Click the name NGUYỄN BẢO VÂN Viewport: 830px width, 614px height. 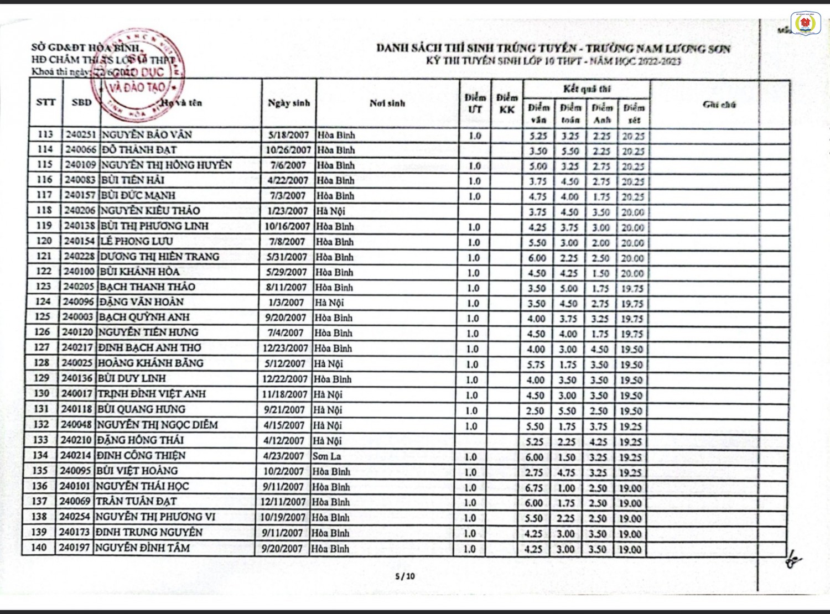coord(146,134)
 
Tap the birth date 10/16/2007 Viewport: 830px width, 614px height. coord(287,226)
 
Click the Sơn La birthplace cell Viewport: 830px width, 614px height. coord(327,456)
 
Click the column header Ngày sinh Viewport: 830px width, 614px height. coord(289,103)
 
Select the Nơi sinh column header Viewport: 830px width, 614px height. coord(387,103)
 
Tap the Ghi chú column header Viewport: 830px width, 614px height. coord(719,105)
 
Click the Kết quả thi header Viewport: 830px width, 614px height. coord(587,89)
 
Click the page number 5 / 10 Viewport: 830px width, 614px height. coord(405,576)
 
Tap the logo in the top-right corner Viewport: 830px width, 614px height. coord(807,23)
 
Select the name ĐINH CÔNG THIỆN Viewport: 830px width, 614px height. coord(141,456)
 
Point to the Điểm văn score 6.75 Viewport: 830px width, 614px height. coord(534,488)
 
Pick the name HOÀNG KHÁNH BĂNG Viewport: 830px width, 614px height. coord(151,363)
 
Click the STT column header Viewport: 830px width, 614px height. coord(46,102)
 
